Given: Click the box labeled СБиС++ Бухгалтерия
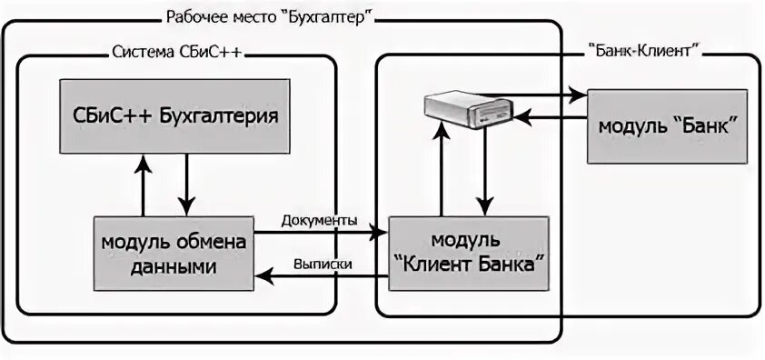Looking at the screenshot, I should click(x=174, y=115).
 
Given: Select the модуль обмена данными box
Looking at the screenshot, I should click(x=174, y=253).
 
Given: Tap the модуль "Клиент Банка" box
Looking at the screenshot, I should click(x=468, y=252).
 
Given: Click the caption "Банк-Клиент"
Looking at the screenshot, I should click(x=643, y=51).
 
